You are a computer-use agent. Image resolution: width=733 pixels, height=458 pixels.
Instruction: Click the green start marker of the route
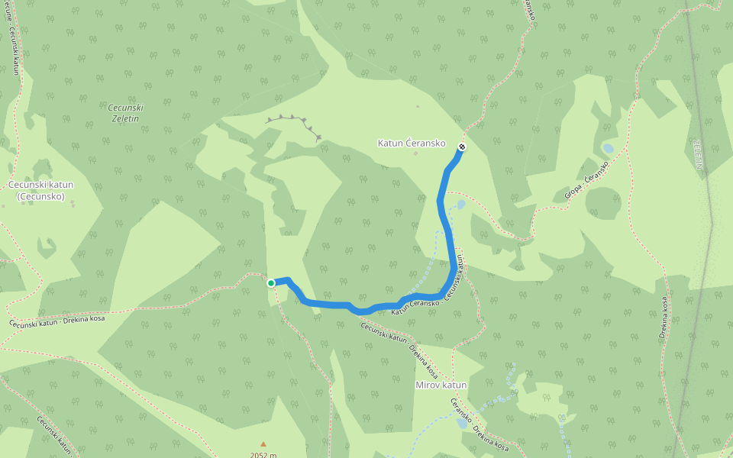pos(271,283)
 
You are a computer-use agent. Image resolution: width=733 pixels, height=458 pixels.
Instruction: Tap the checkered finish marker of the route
pos(461,146)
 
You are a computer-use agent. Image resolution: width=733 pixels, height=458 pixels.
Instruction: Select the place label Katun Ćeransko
pos(412,143)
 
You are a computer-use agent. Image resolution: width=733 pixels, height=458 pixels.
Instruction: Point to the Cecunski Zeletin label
pos(125,112)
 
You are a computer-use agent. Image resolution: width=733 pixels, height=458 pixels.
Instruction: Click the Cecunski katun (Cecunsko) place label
pos(41,190)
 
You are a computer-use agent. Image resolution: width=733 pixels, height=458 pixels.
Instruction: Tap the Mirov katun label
pos(441,385)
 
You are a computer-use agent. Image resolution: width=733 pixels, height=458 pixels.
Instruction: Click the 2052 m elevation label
pos(263,455)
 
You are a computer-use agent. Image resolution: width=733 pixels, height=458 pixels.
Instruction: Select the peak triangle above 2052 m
pos(263,443)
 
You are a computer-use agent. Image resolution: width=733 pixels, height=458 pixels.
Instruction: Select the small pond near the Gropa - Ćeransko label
pos(608,148)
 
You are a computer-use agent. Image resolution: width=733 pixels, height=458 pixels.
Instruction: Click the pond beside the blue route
pos(460,205)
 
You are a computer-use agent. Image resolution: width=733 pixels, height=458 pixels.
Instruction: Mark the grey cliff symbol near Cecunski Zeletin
pos(294,122)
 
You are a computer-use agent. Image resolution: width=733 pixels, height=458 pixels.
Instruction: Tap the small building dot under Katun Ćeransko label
pos(416,153)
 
